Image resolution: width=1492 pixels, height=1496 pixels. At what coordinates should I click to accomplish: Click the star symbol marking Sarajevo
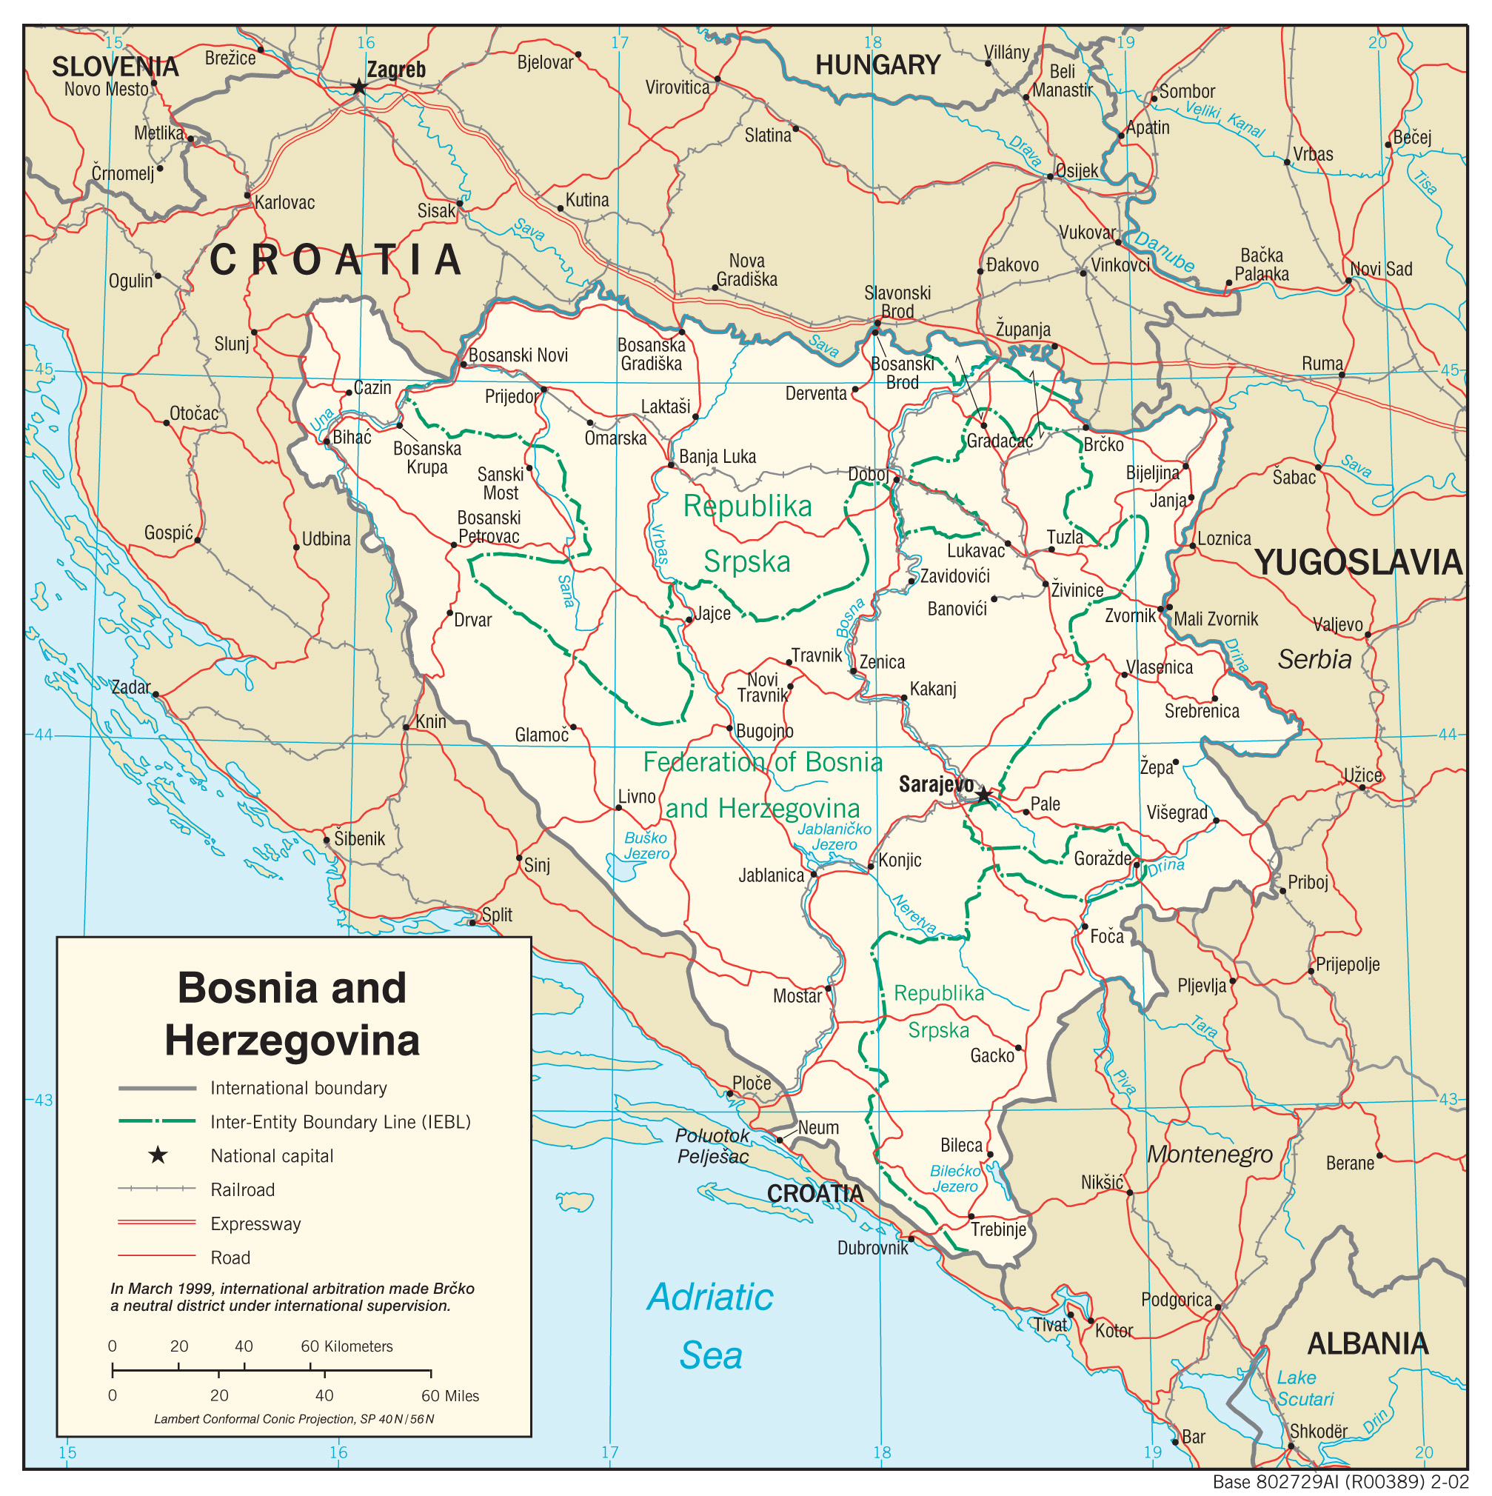[983, 795]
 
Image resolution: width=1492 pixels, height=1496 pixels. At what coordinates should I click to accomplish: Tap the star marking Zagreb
[358, 87]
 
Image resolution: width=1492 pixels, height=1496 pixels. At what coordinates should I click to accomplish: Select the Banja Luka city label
[717, 457]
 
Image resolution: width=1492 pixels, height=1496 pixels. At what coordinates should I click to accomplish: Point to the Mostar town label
[797, 997]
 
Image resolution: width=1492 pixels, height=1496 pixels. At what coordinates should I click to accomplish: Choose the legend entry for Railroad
[242, 1189]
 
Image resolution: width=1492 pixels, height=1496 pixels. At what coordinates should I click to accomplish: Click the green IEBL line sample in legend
[156, 1121]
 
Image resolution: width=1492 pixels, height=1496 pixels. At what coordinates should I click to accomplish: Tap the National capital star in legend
[158, 1155]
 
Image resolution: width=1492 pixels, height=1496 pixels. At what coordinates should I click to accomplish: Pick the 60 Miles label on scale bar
[450, 1396]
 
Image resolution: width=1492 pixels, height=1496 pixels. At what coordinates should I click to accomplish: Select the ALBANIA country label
[1368, 1343]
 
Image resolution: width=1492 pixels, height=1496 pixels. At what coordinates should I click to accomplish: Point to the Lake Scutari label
[1305, 1389]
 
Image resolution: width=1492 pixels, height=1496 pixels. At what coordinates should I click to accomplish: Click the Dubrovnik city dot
[911, 1238]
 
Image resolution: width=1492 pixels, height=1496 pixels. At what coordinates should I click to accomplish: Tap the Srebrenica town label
[1201, 712]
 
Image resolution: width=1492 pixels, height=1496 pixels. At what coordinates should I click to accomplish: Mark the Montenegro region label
[1209, 1155]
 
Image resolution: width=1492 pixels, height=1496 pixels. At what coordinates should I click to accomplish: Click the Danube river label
[1165, 252]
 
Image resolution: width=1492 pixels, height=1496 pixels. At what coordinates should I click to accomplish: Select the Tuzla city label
[1065, 538]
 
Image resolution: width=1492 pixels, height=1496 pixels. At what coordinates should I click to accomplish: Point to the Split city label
[496, 915]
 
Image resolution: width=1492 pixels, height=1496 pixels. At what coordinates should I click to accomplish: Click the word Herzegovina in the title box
[292, 1040]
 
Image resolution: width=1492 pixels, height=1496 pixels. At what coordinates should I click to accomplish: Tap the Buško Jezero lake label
[646, 846]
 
